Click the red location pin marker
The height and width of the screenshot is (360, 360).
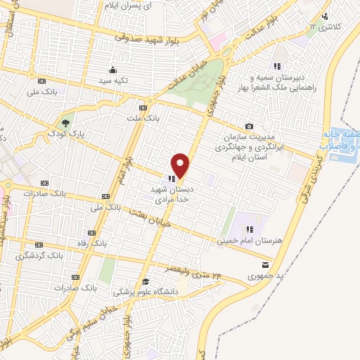tap(181, 165)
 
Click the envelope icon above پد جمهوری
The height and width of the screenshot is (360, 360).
tap(264, 264)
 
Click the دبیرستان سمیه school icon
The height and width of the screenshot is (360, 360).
tap(277, 66)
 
